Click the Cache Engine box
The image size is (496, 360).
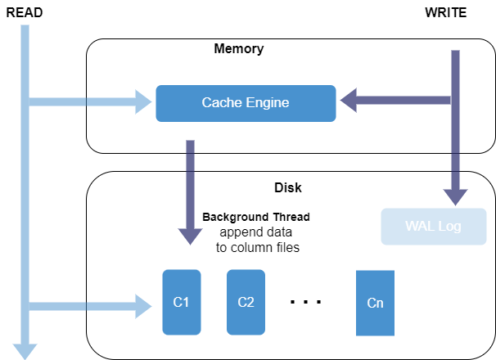(246, 103)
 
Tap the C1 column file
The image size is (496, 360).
(182, 302)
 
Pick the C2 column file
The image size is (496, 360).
(246, 302)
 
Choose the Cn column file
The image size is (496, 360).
(375, 304)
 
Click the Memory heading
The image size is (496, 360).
(238, 49)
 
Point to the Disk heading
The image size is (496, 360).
(287, 188)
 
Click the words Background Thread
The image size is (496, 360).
(256, 218)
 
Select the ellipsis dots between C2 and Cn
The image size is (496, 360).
(305, 303)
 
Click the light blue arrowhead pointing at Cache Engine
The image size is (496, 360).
(144, 103)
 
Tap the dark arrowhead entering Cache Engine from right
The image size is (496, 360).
(349, 101)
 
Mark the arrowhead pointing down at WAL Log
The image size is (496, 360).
(454, 196)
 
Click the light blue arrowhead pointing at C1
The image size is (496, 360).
(144, 307)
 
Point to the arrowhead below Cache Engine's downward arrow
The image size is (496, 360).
(190, 235)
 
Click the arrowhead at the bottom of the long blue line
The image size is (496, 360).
(25, 351)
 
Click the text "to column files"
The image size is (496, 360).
(252, 247)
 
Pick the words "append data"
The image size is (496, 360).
(254, 232)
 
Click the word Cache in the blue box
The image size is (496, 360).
(221, 103)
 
